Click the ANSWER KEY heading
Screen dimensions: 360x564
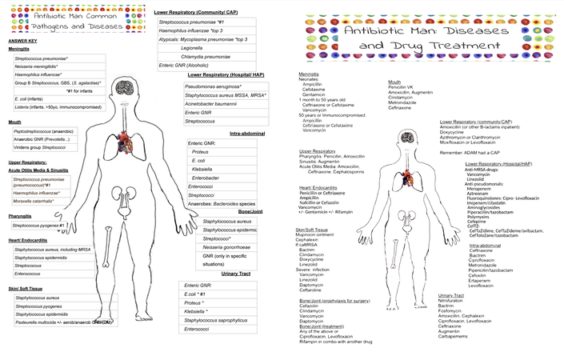click(x=22, y=41)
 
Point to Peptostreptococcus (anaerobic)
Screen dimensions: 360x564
click(x=43, y=130)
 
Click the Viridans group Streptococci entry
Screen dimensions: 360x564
click(x=39, y=147)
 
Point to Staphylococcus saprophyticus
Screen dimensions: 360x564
click(x=215, y=320)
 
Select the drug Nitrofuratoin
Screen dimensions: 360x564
click(x=453, y=300)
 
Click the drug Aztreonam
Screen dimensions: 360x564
click(x=478, y=193)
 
